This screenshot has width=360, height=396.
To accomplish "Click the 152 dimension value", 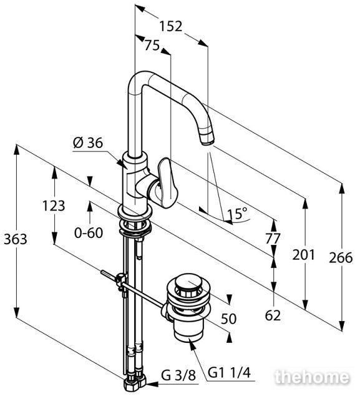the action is click(171, 26).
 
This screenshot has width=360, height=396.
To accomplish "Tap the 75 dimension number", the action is click(152, 46).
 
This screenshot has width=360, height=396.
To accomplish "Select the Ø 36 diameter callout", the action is click(88, 143).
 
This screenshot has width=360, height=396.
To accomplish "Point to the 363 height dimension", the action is click(16, 239).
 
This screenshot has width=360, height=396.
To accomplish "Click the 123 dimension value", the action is click(54, 205).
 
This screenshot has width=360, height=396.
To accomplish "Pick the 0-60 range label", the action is click(89, 232).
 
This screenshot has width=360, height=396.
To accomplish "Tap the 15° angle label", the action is click(237, 214).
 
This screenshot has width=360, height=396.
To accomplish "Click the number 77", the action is click(273, 239).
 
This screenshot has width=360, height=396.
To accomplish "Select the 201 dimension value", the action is click(304, 255).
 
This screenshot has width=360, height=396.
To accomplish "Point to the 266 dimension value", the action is click(341, 257).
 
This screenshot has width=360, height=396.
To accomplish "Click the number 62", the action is click(273, 315).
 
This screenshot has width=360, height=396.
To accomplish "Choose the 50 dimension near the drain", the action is click(228, 319).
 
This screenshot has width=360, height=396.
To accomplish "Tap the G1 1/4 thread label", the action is click(230, 373).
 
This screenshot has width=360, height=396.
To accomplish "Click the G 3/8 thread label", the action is click(178, 375).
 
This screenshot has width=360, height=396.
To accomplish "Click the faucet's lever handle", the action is click(167, 182).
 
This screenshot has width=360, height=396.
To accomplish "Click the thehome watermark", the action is click(312, 377).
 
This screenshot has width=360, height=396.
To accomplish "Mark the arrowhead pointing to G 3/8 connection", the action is click(152, 384).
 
